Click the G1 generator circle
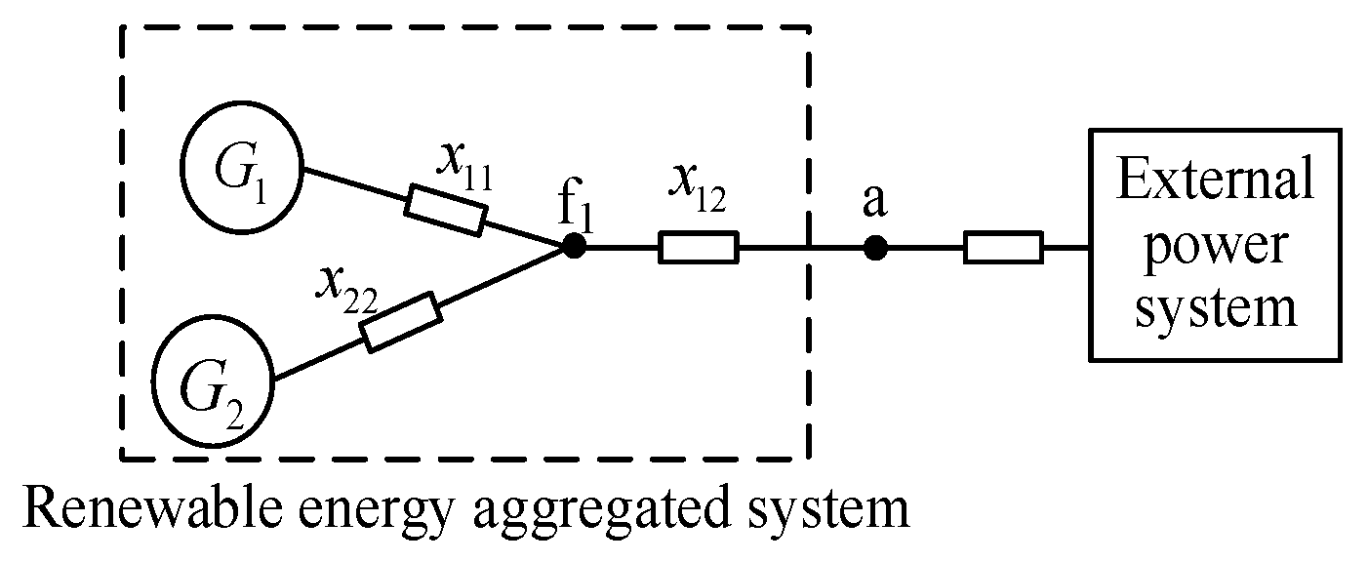click(x=240, y=168)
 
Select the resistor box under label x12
click(x=699, y=248)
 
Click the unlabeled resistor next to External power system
click(x=1003, y=248)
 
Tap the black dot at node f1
click(x=574, y=248)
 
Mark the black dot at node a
click(x=876, y=248)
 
